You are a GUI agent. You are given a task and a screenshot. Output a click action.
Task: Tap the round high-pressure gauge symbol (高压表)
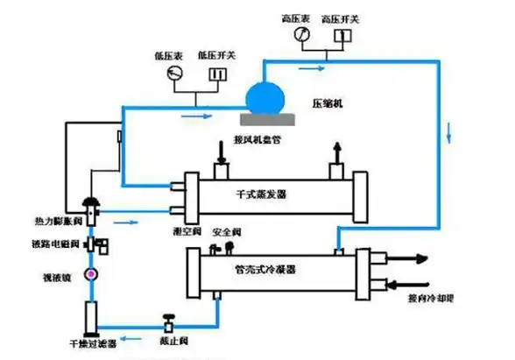(300, 34)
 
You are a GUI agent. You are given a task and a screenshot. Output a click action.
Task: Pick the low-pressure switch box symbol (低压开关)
(213, 74)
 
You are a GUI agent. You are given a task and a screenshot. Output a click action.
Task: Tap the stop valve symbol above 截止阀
(167, 323)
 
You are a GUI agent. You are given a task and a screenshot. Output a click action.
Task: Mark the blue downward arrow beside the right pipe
(451, 134)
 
